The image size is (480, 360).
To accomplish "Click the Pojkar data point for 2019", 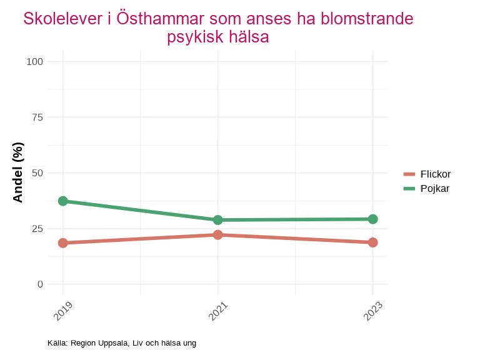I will pyautogui.click(x=63, y=201).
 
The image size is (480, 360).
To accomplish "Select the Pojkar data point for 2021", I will pyautogui.click(x=218, y=220).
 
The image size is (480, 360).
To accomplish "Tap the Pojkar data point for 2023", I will pyautogui.click(x=373, y=219).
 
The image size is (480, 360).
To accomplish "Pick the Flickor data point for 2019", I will pyautogui.click(x=63, y=243).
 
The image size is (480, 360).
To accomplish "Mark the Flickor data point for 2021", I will pyautogui.click(x=218, y=235).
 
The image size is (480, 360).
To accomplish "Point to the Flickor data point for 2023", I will pyautogui.click(x=373, y=242).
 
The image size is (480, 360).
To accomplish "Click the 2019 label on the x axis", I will pyautogui.click(x=63, y=311).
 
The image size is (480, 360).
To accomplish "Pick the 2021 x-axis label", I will pyautogui.click(x=218, y=311).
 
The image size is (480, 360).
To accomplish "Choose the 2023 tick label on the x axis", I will pyautogui.click(x=373, y=311).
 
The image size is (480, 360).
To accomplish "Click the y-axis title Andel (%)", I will pyautogui.click(x=18, y=172).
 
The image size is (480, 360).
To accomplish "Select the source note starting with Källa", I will pyautogui.click(x=122, y=343).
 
